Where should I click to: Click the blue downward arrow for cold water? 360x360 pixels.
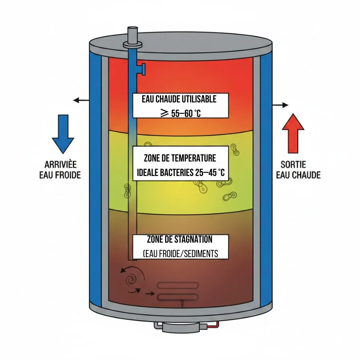63,133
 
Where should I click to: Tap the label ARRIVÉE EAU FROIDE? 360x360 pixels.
60,170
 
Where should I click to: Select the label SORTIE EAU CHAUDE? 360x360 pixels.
298,170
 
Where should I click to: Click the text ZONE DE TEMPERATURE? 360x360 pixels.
180,158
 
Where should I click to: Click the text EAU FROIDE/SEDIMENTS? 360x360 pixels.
180,254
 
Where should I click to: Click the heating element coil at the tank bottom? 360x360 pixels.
178,291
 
